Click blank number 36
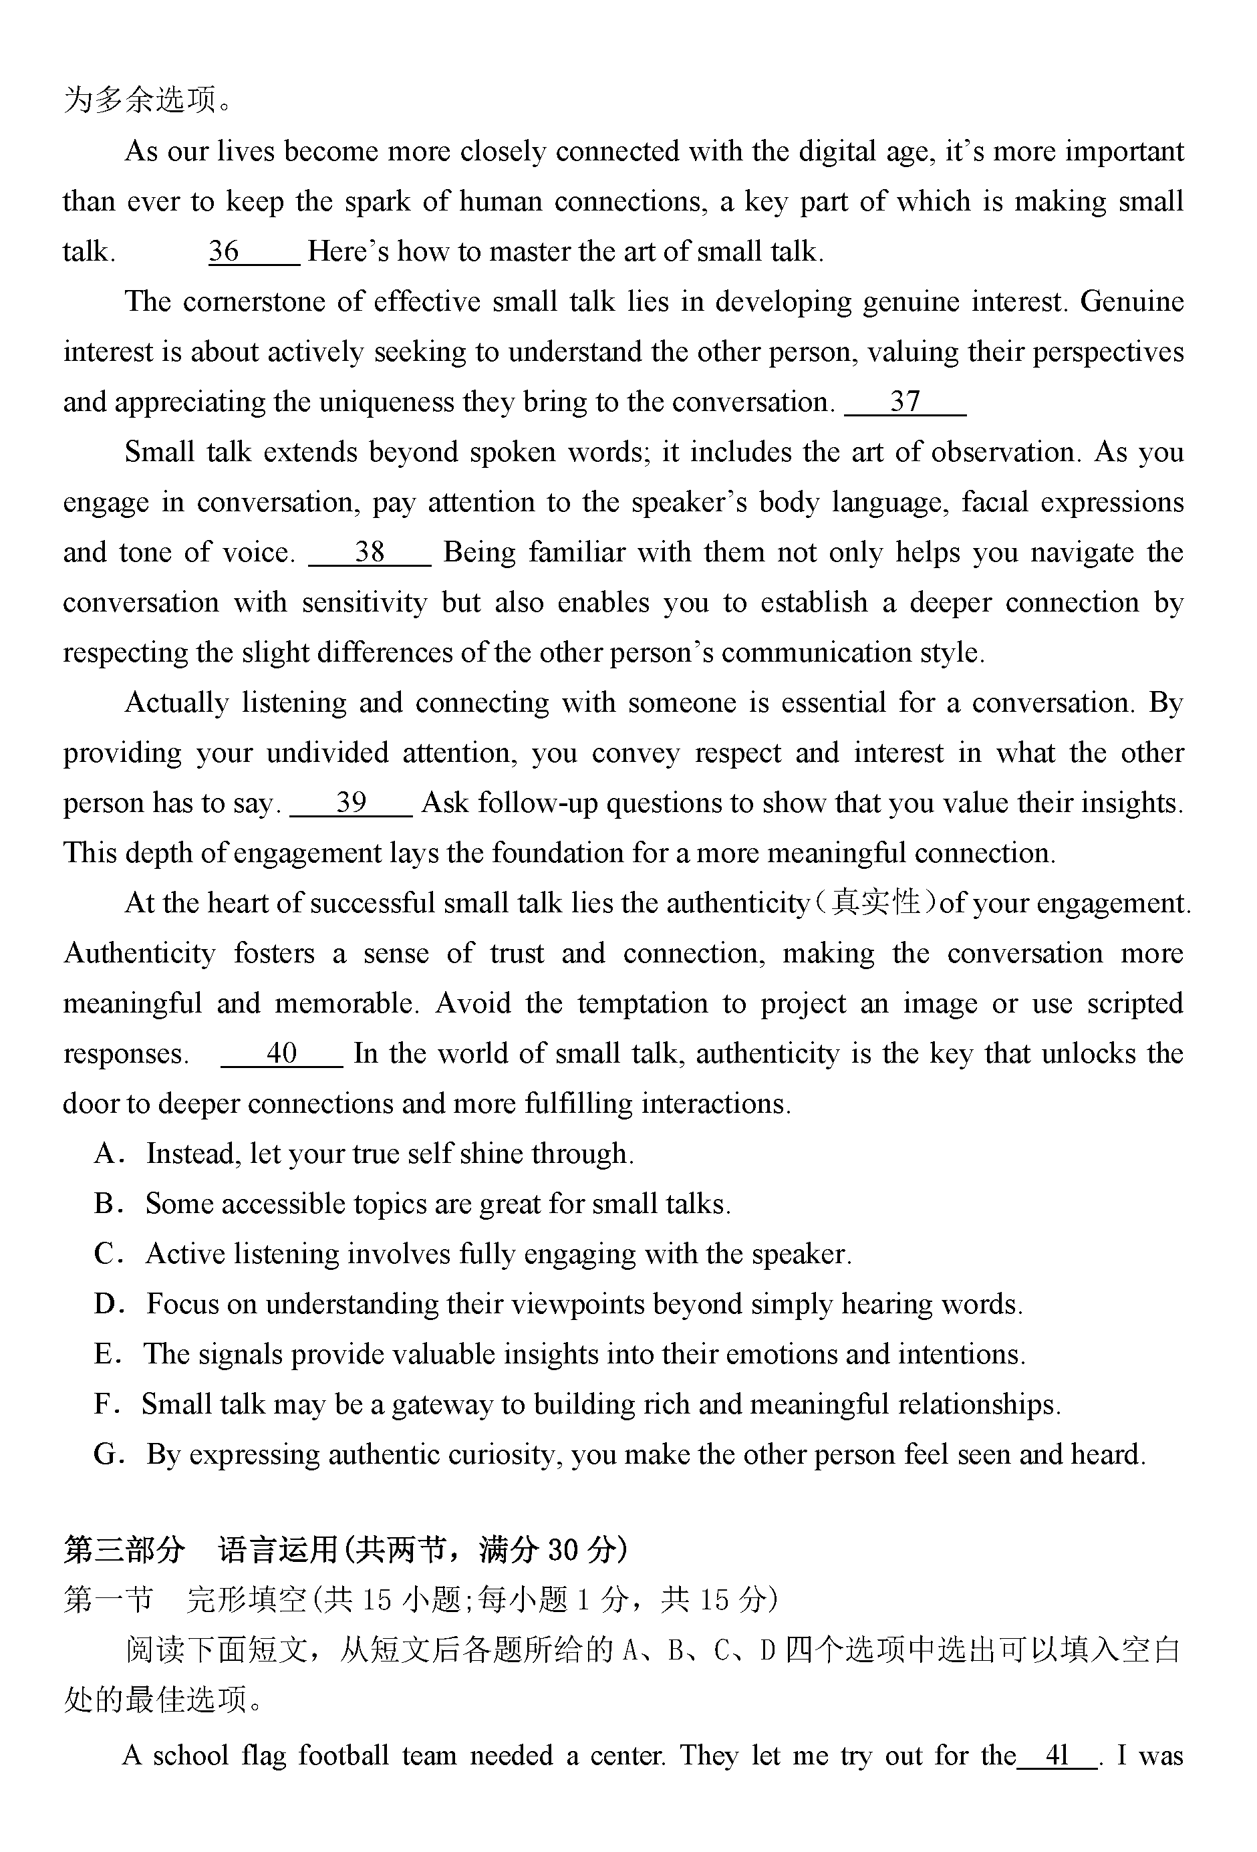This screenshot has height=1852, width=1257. pyautogui.click(x=253, y=252)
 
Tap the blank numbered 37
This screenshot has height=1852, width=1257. pyautogui.click(x=905, y=402)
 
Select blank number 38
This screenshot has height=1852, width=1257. pyautogui.click(x=370, y=552)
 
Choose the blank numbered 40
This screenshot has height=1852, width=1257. pyautogui.click(x=281, y=1053)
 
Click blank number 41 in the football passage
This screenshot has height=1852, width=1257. pyautogui.click(x=1057, y=1756)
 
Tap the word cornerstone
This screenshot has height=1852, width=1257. pyautogui.click(x=250, y=302)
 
